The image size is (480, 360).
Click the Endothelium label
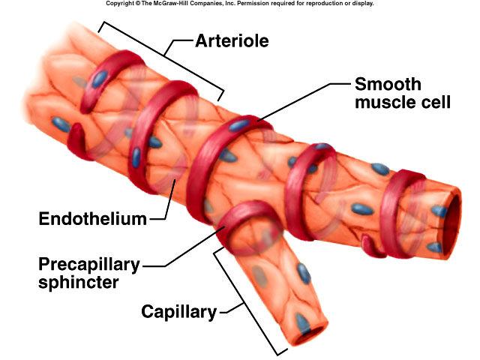coord(92,219)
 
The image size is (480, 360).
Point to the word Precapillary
coord(90,266)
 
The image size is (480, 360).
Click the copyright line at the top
coord(239,4)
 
